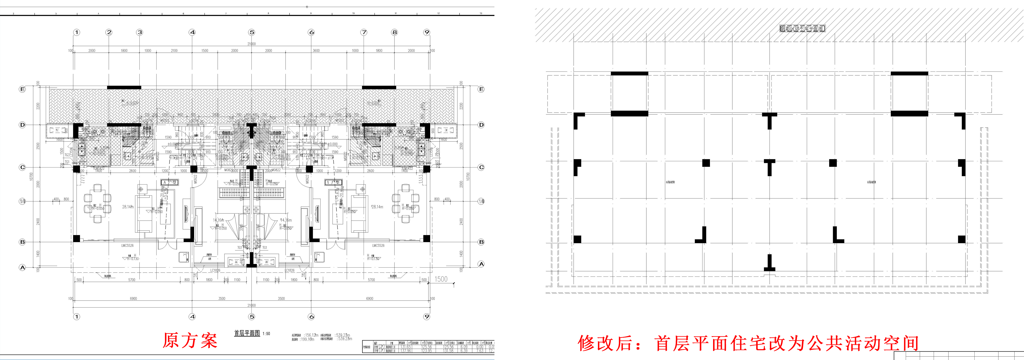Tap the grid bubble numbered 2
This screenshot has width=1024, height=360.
click(109, 32)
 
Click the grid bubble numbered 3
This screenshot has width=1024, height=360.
click(139, 32)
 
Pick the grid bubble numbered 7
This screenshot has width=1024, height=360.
click(364, 32)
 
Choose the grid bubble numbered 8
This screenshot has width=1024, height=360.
click(394, 32)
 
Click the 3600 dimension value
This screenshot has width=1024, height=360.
click(316, 51)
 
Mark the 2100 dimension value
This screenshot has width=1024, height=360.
click(174, 51)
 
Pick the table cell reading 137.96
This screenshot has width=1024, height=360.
click(406, 351)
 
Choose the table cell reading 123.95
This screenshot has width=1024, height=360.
click(427, 351)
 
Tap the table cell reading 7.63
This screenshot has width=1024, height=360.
click(479, 351)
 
